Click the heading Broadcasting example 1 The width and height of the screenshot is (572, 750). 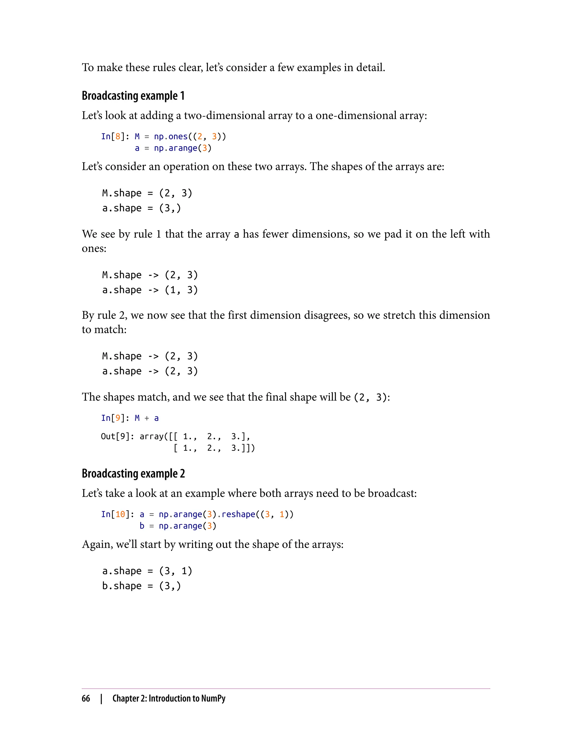[133, 96]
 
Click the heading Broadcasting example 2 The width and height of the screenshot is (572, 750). [133, 473]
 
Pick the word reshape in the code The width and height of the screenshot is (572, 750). [238, 514]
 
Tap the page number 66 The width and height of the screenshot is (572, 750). [86, 698]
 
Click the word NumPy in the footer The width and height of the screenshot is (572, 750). [213, 698]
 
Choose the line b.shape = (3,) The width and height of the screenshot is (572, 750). [141, 586]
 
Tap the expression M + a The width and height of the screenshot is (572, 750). [147, 418]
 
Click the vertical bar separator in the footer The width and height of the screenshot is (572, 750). [101, 699]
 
